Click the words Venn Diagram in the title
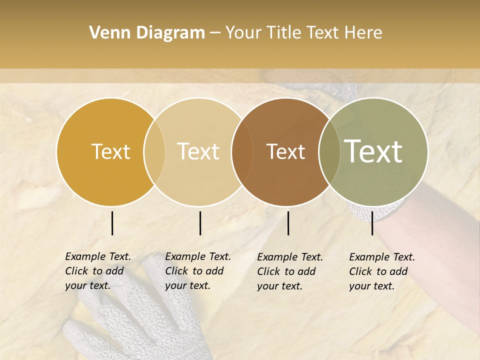click(147, 33)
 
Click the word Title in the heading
click(283, 33)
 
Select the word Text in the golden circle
click(110, 151)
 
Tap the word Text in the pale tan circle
click(198, 151)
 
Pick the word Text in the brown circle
click(285, 151)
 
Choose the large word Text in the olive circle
click(373, 151)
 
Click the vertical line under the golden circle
click(112, 223)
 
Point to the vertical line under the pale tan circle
click(200, 223)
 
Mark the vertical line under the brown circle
click(288, 223)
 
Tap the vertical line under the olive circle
click(372, 223)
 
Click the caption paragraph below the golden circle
click(97, 271)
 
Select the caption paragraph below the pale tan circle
click(197, 271)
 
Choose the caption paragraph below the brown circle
click(289, 271)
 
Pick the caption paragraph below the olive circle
click(381, 271)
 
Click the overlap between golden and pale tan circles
click(154, 151)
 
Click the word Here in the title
click(363, 33)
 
